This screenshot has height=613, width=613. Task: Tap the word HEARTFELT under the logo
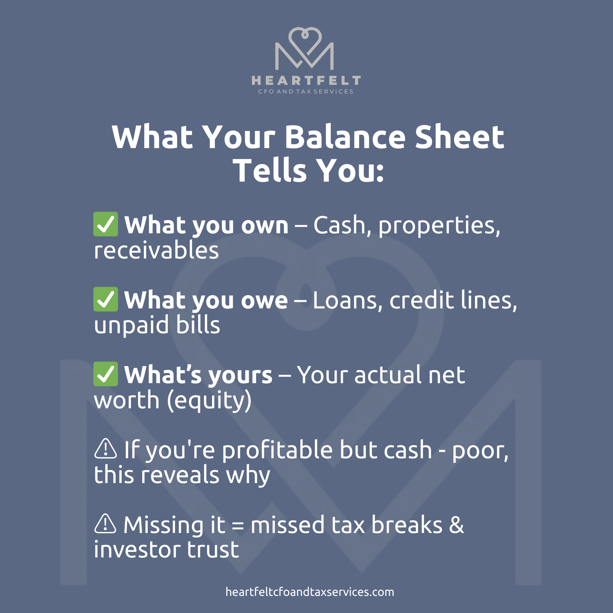[x=306, y=81]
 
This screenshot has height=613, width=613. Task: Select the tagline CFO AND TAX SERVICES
[x=306, y=92]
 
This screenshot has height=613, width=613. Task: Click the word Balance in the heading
[x=345, y=137]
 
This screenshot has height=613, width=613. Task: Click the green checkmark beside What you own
[x=105, y=224]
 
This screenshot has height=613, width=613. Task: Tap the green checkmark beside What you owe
[x=105, y=299]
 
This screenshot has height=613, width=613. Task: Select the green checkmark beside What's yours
[x=105, y=374]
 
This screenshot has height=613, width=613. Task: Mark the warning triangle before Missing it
[x=105, y=524]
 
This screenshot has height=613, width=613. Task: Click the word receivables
[x=156, y=250]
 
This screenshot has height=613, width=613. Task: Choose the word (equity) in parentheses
[x=209, y=401]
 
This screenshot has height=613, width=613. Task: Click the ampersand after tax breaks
[x=457, y=525]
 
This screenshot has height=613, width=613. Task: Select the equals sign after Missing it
[x=238, y=526]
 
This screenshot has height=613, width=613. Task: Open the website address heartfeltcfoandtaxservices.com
[x=310, y=592]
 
